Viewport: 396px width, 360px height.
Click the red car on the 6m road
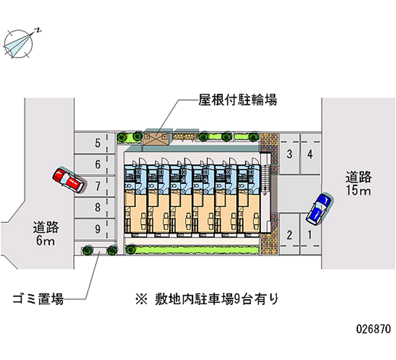[x=68, y=179]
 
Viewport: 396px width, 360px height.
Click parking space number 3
[x=289, y=154]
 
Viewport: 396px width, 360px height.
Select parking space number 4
[x=310, y=154]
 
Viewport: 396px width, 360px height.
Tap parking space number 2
[x=289, y=235]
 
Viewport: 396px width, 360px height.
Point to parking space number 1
[x=310, y=235]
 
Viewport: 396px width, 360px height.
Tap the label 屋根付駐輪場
[x=237, y=101]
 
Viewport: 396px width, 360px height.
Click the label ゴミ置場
[x=38, y=299]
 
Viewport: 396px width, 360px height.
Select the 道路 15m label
[x=358, y=184]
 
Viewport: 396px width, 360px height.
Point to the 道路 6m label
[x=46, y=234]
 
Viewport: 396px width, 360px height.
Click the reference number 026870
[x=373, y=328]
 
